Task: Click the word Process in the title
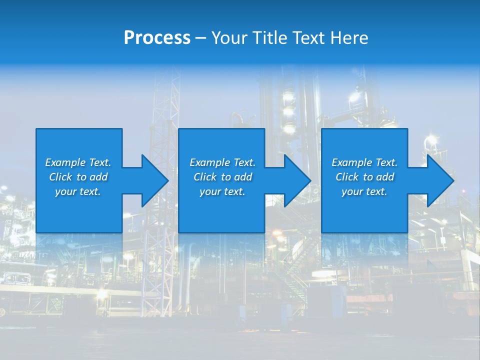(x=157, y=38)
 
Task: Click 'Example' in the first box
(x=65, y=162)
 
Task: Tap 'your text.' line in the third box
(x=364, y=191)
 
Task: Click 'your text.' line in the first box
(x=77, y=191)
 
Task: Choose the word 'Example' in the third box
(x=352, y=162)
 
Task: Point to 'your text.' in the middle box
(x=222, y=191)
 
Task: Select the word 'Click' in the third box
(x=347, y=177)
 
